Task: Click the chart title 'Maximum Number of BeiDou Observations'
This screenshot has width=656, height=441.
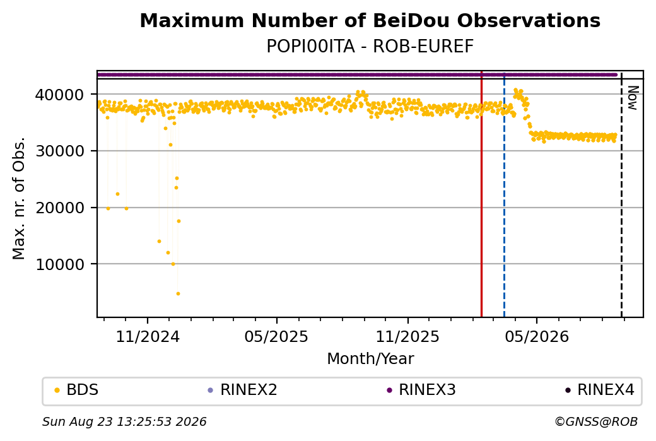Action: pos(370,20)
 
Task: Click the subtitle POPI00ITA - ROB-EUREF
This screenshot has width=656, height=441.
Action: pos(370,47)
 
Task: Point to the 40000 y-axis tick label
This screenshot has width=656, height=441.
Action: pos(59,95)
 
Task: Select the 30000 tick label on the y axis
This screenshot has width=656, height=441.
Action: pos(59,151)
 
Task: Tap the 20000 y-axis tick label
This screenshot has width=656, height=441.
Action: pos(59,208)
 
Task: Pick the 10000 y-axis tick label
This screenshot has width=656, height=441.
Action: pos(59,264)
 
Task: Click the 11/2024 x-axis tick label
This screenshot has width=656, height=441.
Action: pos(148,336)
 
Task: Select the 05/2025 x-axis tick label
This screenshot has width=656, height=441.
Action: pos(276,336)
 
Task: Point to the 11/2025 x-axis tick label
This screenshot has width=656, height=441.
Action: pos(407,336)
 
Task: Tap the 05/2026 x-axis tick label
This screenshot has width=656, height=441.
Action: pos(537,336)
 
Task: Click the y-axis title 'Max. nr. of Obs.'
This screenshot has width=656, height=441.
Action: pos(19,198)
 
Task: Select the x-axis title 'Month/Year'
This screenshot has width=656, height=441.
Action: pos(370,358)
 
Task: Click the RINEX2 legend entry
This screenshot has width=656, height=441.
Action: pos(243,390)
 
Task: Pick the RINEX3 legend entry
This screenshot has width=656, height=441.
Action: pos(421,390)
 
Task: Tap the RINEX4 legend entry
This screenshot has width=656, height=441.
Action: pos(600,390)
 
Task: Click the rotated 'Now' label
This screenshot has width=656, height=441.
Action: pos(633,98)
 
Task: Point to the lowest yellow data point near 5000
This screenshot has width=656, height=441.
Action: pos(179,294)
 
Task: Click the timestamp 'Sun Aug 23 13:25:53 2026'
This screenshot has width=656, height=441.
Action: pos(124,421)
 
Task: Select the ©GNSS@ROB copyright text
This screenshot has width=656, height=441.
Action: pos(596,421)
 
